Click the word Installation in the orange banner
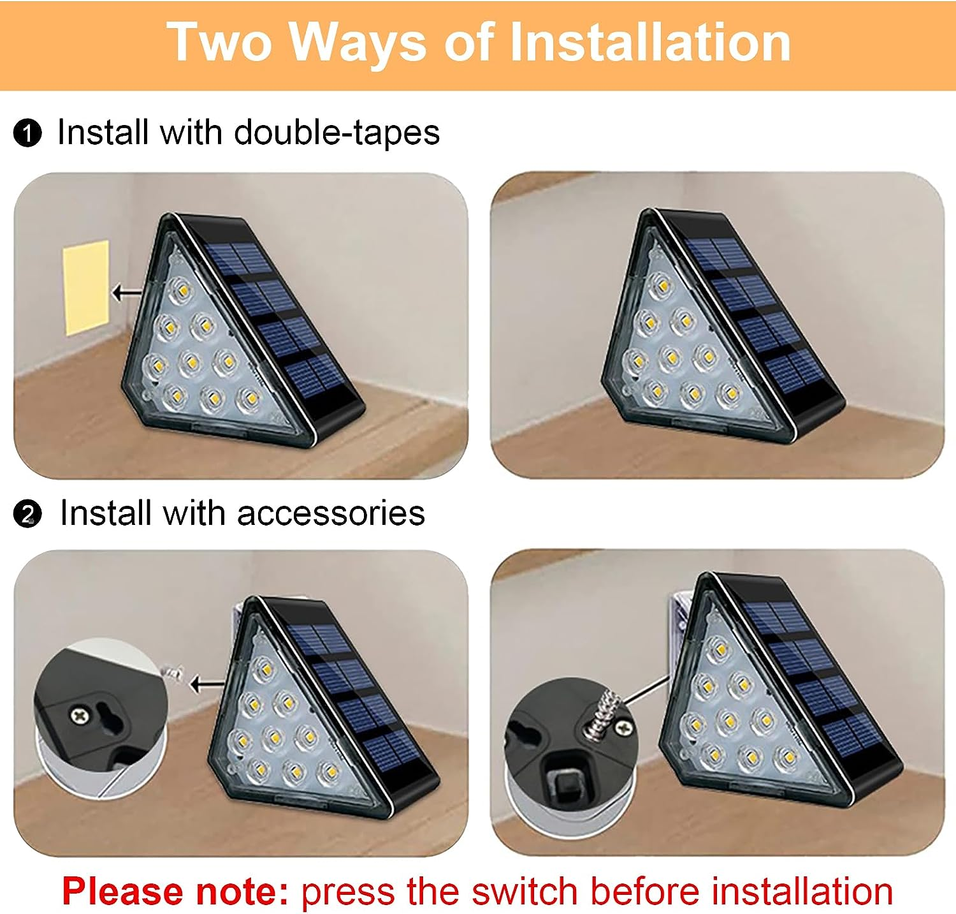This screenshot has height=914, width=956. click(650, 42)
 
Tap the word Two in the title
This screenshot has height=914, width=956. click(220, 42)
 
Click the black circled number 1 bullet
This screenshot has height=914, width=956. click(27, 134)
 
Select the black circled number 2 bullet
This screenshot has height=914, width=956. click(27, 515)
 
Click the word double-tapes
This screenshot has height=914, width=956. click(337, 133)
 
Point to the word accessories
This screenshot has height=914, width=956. click(330, 513)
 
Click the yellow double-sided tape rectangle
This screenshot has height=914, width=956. click(86, 287)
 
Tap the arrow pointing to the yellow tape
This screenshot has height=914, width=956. click(127, 293)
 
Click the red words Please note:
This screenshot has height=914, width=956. click(175, 891)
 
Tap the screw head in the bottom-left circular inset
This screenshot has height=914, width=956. click(79, 716)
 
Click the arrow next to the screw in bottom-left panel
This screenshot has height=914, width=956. click(207, 685)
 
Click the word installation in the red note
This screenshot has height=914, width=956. click(802, 891)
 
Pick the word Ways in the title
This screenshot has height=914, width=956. click(357, 42)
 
